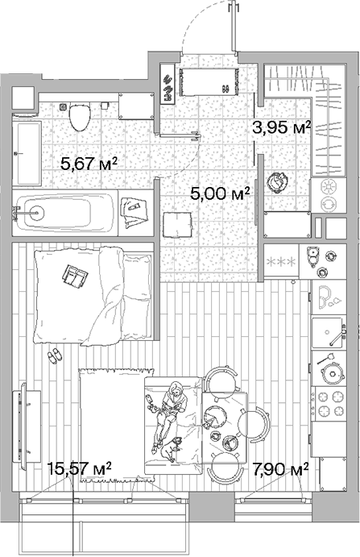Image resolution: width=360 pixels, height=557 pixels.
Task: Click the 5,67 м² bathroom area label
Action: pyautogui.click(x=89, y=164)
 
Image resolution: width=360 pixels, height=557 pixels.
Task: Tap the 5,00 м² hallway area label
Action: pyautogui.click(x=219, y=193)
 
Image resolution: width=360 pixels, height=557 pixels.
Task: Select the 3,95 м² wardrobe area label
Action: pyautogui.click(x=281, y=127)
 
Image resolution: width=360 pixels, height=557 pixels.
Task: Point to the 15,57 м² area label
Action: pyautogui.click(x=79, y=468)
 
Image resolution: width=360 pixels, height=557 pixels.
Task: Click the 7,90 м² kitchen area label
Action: pyautogui.click(x=281, y=468)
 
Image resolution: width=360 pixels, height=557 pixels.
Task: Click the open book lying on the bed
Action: pyautogui.click(x=76, y=276)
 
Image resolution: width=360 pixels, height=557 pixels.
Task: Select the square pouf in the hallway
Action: pyautogui.click(x=176, y=223)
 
